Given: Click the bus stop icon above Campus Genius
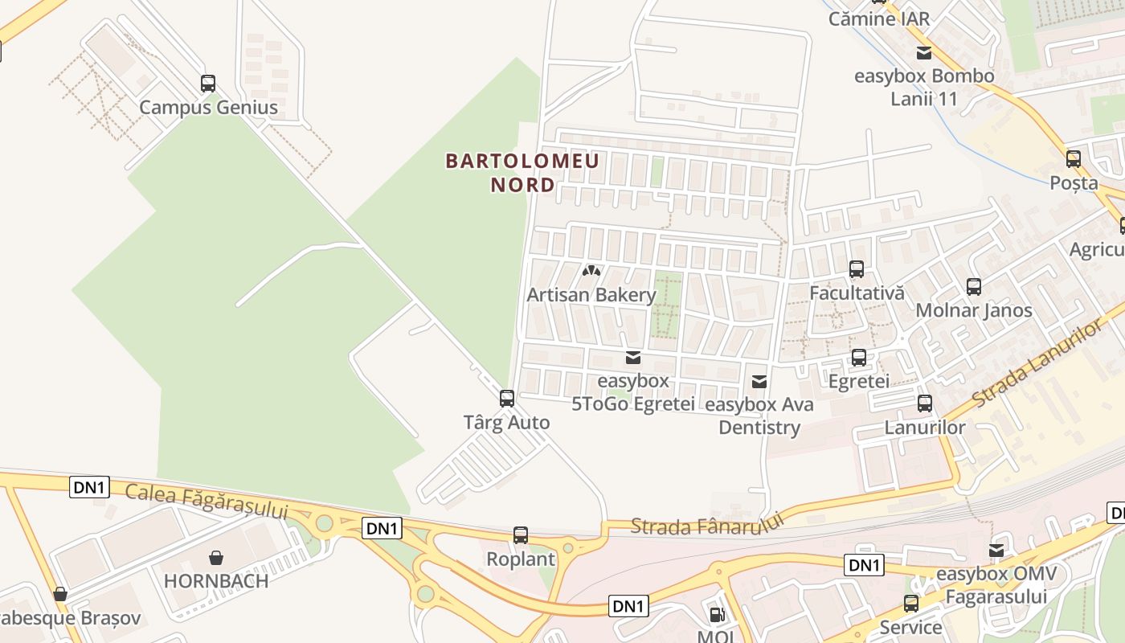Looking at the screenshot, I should (x=208, y=83).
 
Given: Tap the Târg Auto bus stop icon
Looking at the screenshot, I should (x=507, y=398).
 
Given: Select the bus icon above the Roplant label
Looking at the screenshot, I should (x=521, y=534).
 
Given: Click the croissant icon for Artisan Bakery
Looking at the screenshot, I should (x=592, y=272).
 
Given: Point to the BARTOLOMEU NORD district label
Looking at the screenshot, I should (x=522, y=172).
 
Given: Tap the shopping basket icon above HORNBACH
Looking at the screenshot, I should (x=216, y=557).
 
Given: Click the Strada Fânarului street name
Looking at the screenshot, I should (x=707, y=525).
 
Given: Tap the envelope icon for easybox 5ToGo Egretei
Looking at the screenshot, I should (x=633, y=357).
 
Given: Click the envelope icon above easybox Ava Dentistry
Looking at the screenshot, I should (x=759, y=381).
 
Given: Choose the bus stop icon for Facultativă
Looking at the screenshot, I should (x=857, y=269).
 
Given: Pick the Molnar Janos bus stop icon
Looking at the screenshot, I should (x=974, y=286).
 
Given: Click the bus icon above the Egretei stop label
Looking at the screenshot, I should (x=859, y=357).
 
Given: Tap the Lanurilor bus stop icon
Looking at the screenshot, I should (x=925, y=403).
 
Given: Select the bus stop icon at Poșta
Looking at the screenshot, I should (x=1074, y=159).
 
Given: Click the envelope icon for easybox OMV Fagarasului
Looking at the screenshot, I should (x=996, y=551).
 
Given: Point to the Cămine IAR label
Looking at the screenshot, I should (x=879, y=18).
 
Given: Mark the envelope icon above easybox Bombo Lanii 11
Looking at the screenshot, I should (x=924, y=53).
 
